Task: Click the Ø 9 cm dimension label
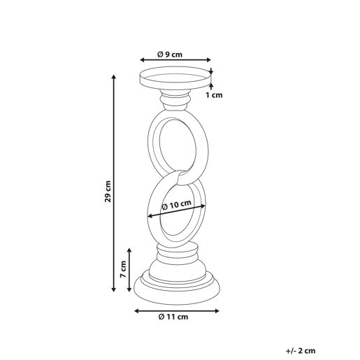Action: click(170, 55)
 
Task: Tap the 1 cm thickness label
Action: click(214, 95)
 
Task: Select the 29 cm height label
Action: click(108, 191)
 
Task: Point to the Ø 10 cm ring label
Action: click(176, 205)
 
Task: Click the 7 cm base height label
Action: click(123, 269)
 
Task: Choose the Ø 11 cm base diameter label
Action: click(173, 317)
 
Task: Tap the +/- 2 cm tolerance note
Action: click(301, 351)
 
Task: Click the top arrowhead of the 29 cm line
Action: click(113, 77)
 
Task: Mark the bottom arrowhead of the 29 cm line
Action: click(113, 289)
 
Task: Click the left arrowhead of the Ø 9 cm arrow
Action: click(143, 60)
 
